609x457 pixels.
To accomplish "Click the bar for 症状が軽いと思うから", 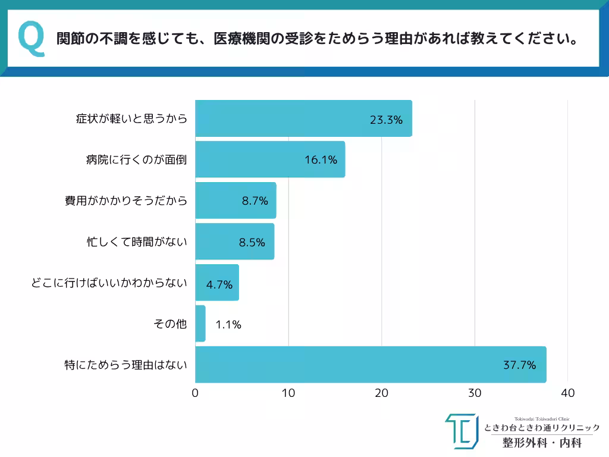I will [303, 118].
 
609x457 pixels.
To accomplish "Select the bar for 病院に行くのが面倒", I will [270, 159].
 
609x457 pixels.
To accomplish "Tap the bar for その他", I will [200, 324].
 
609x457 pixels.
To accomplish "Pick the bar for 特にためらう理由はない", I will [371, 364].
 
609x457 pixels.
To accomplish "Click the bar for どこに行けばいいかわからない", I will [217, 283].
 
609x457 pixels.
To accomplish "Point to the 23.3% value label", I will [386, 120].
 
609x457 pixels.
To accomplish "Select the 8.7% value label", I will [255, 201].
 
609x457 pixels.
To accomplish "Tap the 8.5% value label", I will [252, 242].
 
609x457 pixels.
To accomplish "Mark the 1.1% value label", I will [228, 324].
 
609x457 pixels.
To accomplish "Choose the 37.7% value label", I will [520, 365].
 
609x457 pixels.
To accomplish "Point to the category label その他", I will [170, 324].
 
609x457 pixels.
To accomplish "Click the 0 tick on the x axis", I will [196, 393].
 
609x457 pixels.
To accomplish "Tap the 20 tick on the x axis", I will [382, 393].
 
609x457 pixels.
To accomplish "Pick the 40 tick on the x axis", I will [568, 393].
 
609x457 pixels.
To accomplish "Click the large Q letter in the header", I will [32, 40].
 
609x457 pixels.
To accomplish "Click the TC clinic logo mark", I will [461, 431].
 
